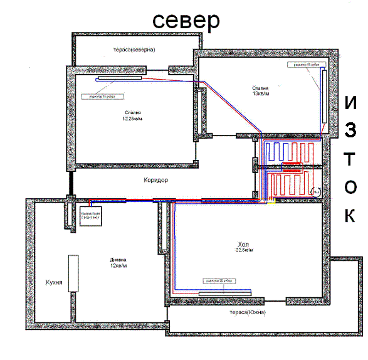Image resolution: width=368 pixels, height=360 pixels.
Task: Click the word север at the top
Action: coord(187,19)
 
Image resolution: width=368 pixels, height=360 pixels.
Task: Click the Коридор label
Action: coord(157,179)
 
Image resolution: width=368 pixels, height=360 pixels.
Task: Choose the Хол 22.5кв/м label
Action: coord(245,246)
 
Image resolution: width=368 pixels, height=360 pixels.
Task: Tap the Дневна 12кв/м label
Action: coord(118,262)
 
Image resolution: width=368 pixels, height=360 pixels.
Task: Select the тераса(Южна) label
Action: coord(248,312)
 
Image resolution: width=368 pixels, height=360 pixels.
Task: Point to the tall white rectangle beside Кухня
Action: coord(73,273)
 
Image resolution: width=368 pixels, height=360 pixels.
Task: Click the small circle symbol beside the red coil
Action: coord(317,191)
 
